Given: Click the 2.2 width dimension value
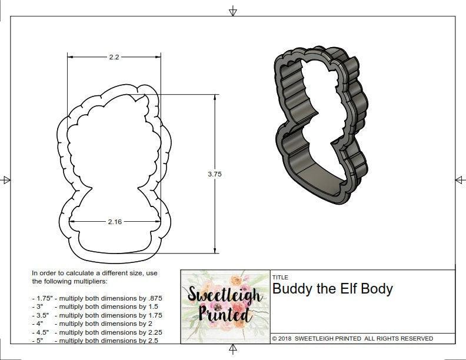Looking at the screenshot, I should pos(114,57).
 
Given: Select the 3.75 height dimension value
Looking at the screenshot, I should pos(214,174).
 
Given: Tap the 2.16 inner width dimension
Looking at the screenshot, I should pos(115,221).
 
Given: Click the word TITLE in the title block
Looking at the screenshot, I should pos(279,277).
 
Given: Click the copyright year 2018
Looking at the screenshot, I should pos(286,338).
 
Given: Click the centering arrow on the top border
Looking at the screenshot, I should pos(233,11).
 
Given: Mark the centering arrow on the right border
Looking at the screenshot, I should pos(460,179).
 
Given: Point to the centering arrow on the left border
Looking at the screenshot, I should pos(6,179).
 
